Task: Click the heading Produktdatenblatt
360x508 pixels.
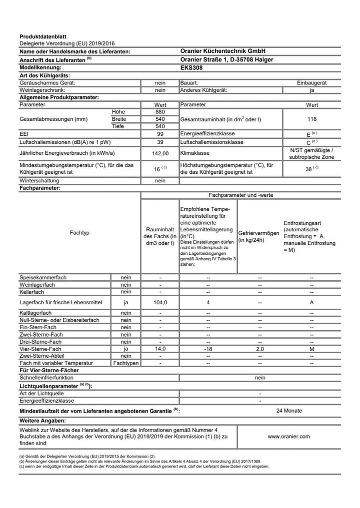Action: click(x=42, y=37)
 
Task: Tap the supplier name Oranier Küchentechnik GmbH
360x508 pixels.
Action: click(x=222, y=51)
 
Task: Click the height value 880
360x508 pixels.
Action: click(x=160, y=112)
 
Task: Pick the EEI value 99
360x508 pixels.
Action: click(x=160, y=134)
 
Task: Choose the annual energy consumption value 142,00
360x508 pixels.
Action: click(x=160, y=153)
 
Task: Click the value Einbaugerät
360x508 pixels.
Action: click(x=312, y=82)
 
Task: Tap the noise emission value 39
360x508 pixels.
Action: click(x=160, y=142)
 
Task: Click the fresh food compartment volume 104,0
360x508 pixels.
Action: click(x=160, y=302)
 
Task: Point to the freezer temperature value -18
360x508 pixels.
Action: click(x=208, y=349)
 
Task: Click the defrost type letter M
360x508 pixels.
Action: click(x=311, y=349)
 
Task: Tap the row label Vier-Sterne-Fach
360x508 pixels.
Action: click(x=40, y=349)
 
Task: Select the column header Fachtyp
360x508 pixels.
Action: click(x=79, y=233)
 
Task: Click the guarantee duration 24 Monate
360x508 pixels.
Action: click(x=289, y=411)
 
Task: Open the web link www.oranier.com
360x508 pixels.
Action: click(x=289, y=436)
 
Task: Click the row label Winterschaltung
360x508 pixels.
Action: click(x=39, y=180)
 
